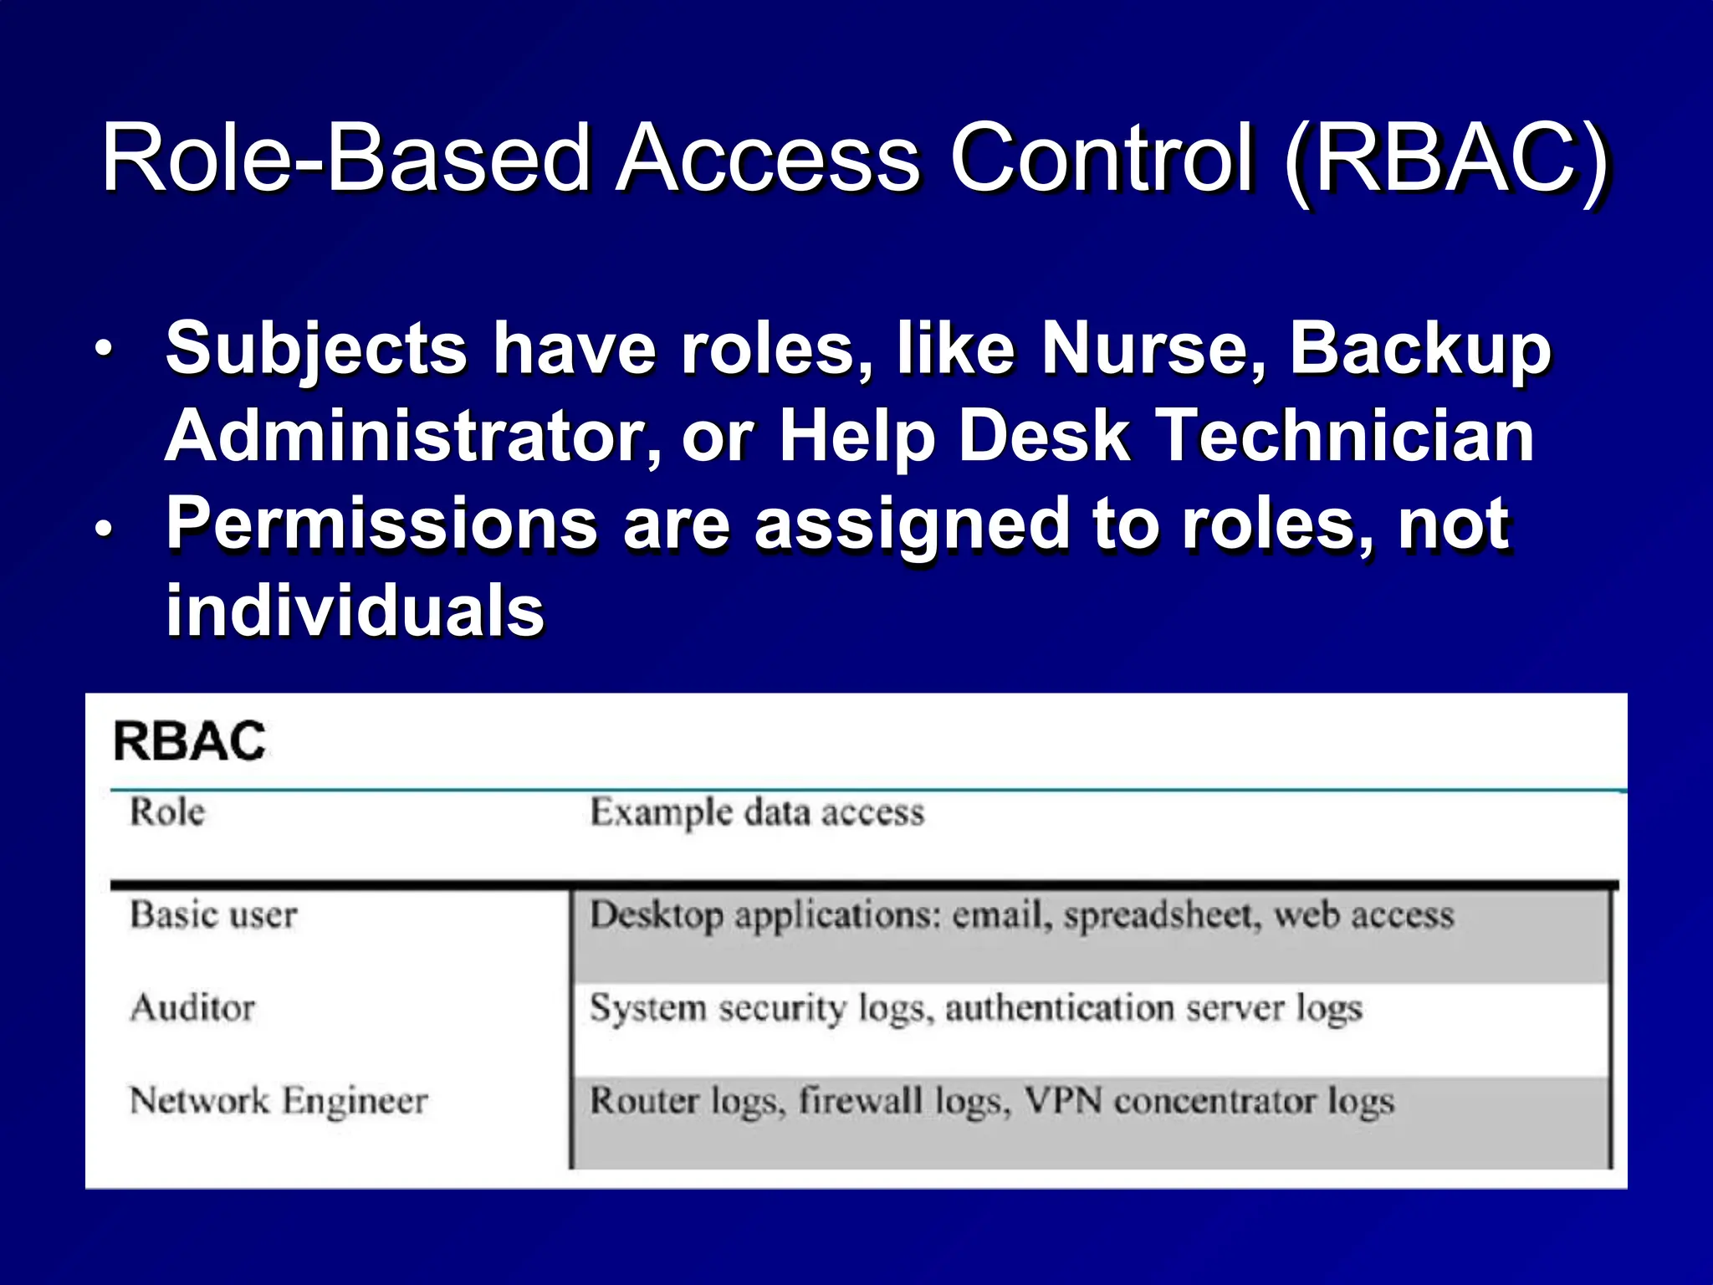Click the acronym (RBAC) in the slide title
pyautogui.click(x=1445, y=159)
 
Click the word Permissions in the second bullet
pyautogui.click(x=381, y=524)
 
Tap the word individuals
pyautogui.click(x=355, y=611)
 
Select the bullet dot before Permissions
pyautogui.click(x=102, y=529)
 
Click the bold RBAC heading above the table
pyautogui.click(x=189, y=742)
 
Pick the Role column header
pyautogui.click(x=166, y=811)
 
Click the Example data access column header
pyautogui.click(x=757, y=812)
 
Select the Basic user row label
pyautogui.click(x=213, y=914)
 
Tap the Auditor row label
pyautogui.click(x=192, y=1007)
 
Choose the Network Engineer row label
pyautogui.click(x=279, y=1101)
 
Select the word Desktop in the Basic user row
pyautogui.click(x=657, y=915)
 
